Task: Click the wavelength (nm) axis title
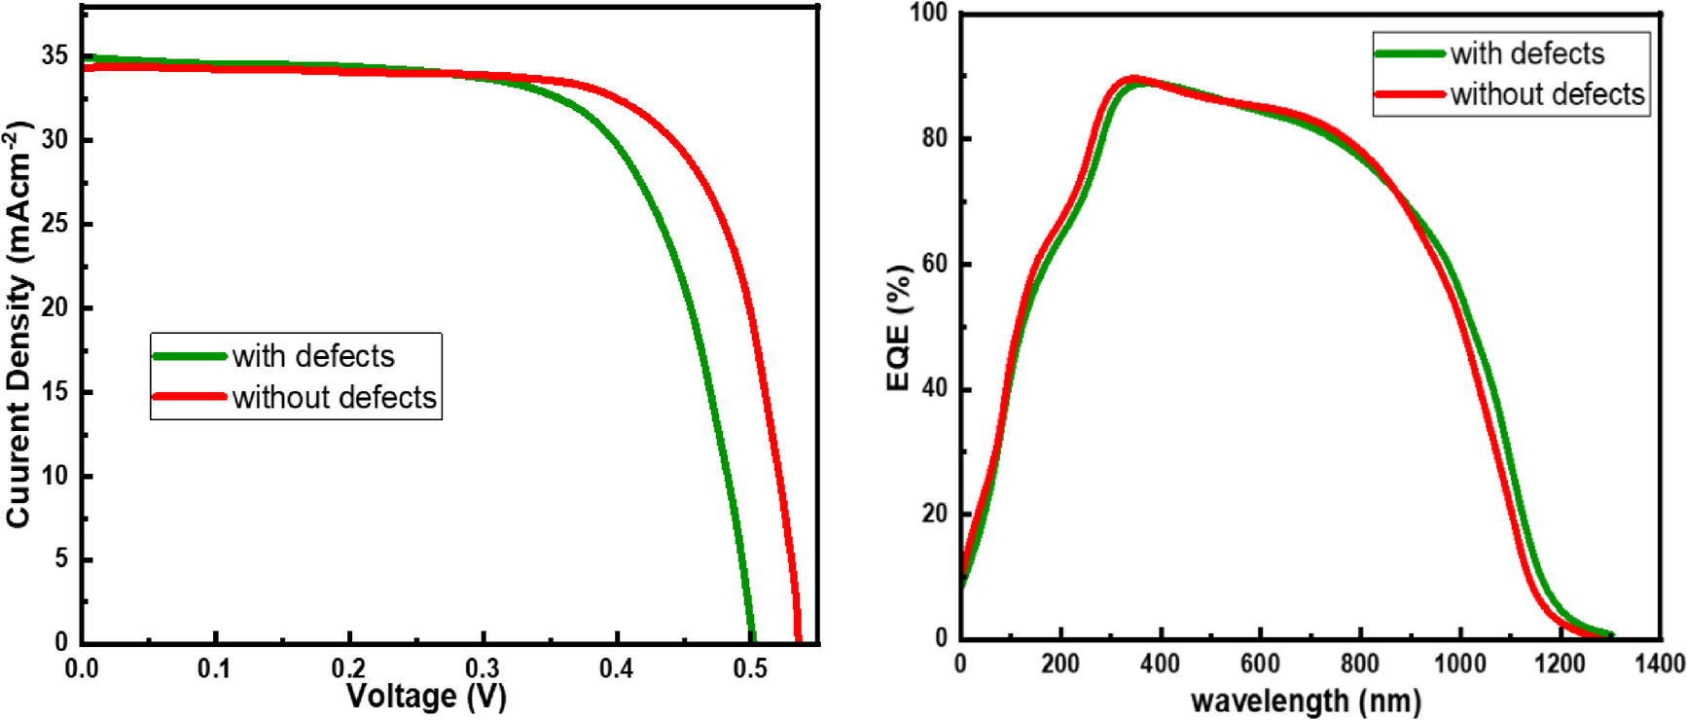pyautogui.click(x=1306, y=700)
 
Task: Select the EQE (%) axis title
pyautogui.click(x=899, y=328)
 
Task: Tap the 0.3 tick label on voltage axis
pyautogui.click(x=483, y=668)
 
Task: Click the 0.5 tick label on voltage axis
pyautogui.click(x=750, y=668)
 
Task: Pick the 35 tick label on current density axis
pyautogui.click(x=54, y=55)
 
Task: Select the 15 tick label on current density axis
pyautogui.click(x=54, y=391)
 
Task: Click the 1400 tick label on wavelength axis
pyautogui.click(x=1658, y=664)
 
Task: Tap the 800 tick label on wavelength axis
pyautogui.click(x=1358, y=664)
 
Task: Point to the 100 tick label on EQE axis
pyautogui.click(x=928, y=13)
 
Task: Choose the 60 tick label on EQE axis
pyautogui.click(x=934, y=263)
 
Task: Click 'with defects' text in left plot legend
pyautogui.click(x=313, y=356)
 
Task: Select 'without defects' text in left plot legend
pyautogui.click(x=334, y=397)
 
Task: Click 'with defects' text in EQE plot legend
pyautogui.click(x=1526, y=54)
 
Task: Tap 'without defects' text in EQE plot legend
pyautogui.click(x=1547, y=94)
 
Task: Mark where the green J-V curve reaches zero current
pyautogui.click(x=751, y=639)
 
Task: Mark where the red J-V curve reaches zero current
pyautogui.click(x=798, y=639)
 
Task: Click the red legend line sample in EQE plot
pyautogui.click(x=1409, y=94)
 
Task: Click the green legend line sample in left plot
pyautogui.click(x=190, y=356)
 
